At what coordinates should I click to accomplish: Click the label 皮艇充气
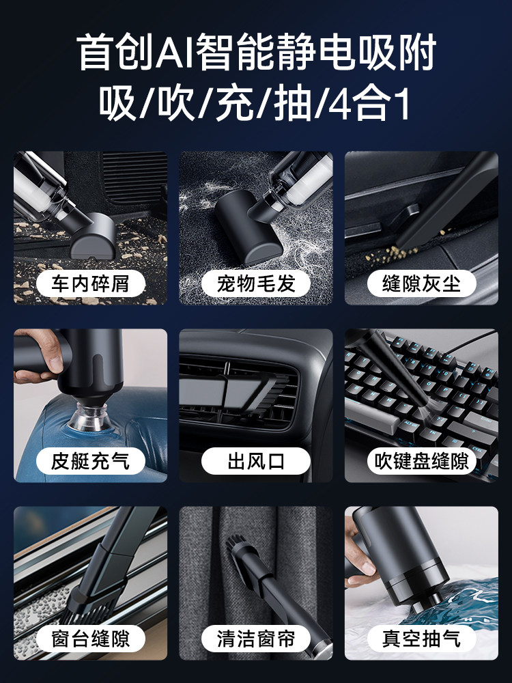point(90,461)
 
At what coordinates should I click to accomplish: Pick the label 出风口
point(256,461)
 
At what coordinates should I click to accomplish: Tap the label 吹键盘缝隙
point(421,461)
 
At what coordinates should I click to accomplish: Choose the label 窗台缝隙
point(90,639)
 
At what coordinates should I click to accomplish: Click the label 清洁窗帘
point(256,639)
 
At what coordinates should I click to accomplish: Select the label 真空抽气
point(421,639)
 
